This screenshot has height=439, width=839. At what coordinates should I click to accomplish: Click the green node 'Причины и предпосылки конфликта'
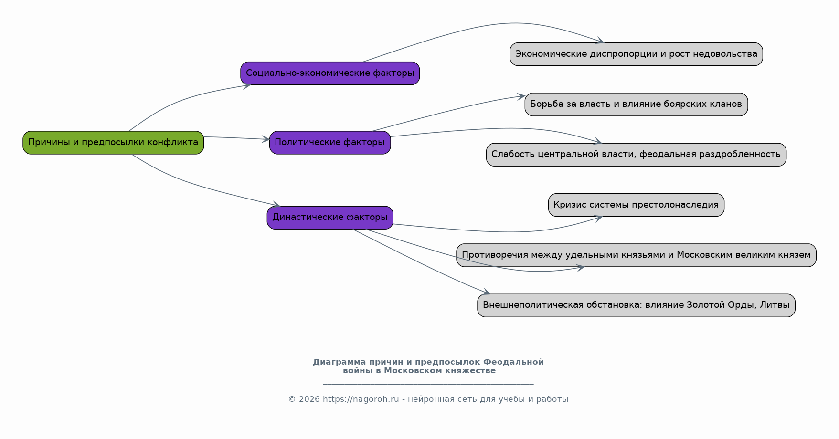[113, 143]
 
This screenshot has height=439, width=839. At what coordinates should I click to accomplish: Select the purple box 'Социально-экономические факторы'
[330, 73]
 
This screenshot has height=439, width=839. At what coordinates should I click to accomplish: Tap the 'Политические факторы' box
[330, 143]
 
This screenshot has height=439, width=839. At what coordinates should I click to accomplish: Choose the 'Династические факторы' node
[330, 218]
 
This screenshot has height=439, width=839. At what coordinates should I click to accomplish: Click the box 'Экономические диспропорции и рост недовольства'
[636, 54]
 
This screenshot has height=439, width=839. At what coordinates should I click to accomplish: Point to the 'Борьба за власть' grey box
[636, 105]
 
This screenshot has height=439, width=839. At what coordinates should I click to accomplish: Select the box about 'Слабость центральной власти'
[636, 155]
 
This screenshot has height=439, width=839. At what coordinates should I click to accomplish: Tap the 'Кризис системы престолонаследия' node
[636, 205]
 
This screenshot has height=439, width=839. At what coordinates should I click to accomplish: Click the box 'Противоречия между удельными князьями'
[636, 255]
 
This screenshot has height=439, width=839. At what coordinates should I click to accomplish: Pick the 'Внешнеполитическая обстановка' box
[636, 305]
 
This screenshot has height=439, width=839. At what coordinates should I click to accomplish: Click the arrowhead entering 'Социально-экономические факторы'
[247, 86]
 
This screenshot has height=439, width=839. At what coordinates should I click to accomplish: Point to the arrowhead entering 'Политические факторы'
[266, 139]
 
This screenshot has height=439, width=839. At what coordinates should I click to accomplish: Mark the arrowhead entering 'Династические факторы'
[276, 205]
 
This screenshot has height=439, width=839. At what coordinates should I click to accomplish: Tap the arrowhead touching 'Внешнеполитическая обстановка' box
[486, 292]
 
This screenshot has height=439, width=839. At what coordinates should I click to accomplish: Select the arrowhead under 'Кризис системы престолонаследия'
[598, 219]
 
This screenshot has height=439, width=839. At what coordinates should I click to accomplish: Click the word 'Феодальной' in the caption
[513, 362]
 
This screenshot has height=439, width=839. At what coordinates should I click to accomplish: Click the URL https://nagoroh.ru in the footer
[361, 399]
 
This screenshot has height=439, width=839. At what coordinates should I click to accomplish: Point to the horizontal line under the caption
[428, 384]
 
